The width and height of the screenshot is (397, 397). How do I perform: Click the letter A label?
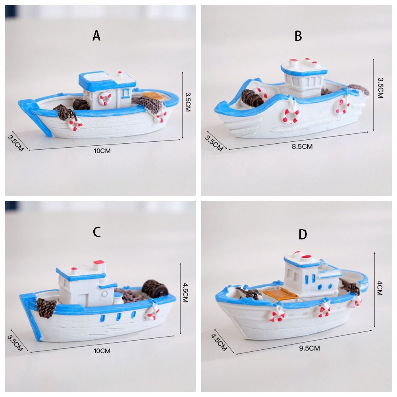click(x=96, y=36)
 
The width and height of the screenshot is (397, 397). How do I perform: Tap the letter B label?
click(x=298, y=36)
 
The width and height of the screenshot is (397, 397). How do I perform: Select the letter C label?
click(x=97, y=232)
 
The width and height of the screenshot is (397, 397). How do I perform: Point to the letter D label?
click(x=303, y=235)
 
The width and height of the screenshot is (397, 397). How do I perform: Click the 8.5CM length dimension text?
click(x=302, y=146)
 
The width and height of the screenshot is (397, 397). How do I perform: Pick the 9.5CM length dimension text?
click(x=309, y=348)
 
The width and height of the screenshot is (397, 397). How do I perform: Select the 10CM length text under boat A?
click(x=102, y=151)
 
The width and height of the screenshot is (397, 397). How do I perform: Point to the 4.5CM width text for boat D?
click(x=219, y=340)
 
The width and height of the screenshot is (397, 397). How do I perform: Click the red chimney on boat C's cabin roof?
click(x=99, y=263)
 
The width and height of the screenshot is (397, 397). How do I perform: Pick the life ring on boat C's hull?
click(x=152, y=312)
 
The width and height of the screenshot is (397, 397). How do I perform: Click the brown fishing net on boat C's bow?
click(x=46, y=307)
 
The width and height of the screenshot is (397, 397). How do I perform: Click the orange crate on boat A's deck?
click(x=150, y=96)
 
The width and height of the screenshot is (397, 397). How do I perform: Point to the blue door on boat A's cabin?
click(x=126, y=94)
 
